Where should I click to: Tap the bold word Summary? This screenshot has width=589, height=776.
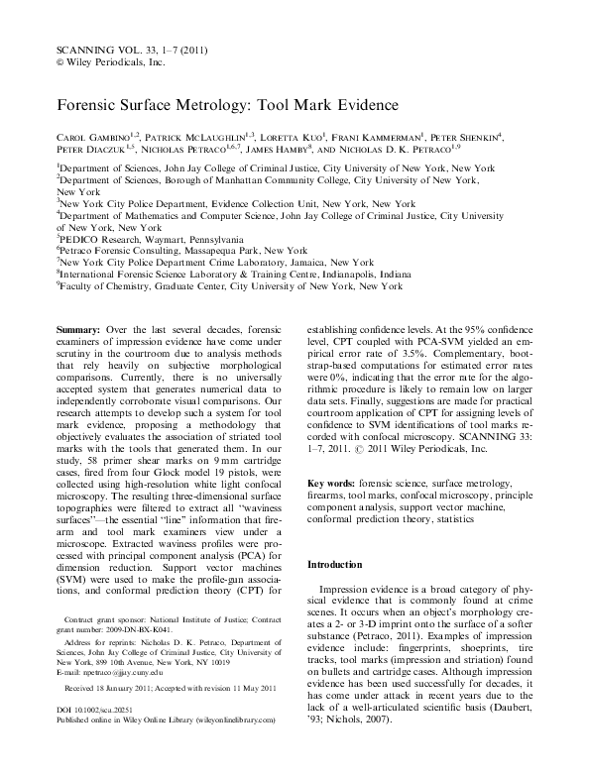pos(79,327)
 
